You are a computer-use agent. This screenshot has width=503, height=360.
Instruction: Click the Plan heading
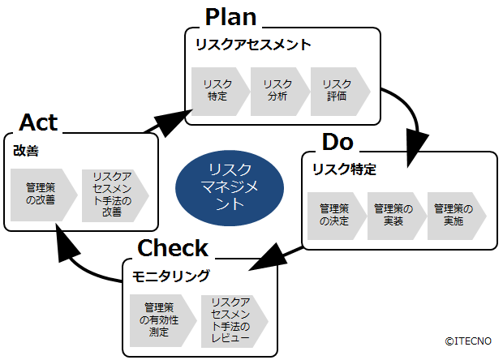[x=230, y=16]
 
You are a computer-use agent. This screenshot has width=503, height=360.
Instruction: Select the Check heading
[x=173, y=248]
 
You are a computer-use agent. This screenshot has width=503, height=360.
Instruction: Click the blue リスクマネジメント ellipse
[x=230, y=186]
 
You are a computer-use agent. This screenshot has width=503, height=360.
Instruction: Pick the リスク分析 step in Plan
[x=278, y=90]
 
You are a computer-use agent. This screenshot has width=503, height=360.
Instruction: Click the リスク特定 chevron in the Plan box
[x=217, y=90]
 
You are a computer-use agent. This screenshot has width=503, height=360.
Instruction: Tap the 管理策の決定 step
[x=333, y=215]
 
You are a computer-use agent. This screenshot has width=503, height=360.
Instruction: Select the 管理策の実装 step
[x=393, y=215]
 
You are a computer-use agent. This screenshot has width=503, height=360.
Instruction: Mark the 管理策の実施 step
[x=454, y=215]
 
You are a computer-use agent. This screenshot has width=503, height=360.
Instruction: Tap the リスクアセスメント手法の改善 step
[x=112, y=195]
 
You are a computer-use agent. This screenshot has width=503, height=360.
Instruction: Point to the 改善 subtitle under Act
[x=26, y=150]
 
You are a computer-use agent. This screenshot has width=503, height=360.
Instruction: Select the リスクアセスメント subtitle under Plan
[x=252, y=45]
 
